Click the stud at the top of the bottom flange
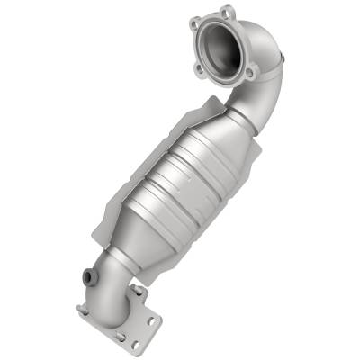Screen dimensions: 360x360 pyautogui.click(x=137, y=291)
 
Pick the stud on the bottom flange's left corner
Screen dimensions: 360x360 pyautogui.click(x=82, y=309)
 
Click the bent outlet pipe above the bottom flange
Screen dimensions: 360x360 pyautogui.click(x=112, y=279)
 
